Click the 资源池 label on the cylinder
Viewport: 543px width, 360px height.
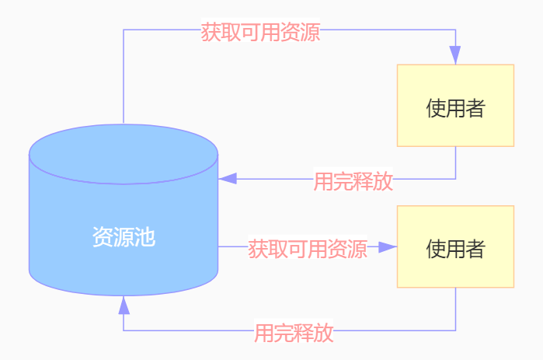click(124, 237)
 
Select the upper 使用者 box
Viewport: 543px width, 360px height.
click(455, 105)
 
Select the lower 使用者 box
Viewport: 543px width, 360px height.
click(455, 246)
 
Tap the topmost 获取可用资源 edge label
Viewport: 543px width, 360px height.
click(260, 33)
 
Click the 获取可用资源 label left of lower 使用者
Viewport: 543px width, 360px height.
click(307, 249)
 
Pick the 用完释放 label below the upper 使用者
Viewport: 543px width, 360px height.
click(353, 181)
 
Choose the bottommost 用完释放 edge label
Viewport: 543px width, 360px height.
click(294, 333)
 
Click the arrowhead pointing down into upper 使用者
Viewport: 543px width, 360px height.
click(455, 55)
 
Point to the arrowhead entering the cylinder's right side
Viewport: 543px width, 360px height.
click(228, 179)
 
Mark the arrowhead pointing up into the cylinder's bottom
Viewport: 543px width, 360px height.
click(124, 306)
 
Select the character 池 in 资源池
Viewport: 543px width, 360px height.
click(145, 237)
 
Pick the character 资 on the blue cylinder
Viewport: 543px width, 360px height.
click(103, 237)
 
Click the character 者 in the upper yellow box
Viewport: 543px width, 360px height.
click(475, 108)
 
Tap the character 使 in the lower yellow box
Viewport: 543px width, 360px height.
click(436, 249)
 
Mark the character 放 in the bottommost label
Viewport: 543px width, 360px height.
click(324, 333)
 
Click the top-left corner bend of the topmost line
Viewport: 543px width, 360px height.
click(124, 30)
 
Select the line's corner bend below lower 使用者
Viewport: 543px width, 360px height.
click(455, 330)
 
